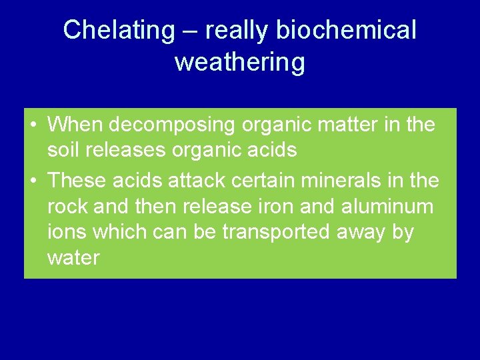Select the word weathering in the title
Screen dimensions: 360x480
[240, 62]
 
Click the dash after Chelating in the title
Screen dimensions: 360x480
[189, 31]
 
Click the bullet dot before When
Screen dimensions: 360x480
[33, 125]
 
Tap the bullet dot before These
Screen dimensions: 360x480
[33, 181]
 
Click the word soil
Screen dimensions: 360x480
[65, 151]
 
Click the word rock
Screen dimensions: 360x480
[68, 207]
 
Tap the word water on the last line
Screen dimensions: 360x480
[73, 258]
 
